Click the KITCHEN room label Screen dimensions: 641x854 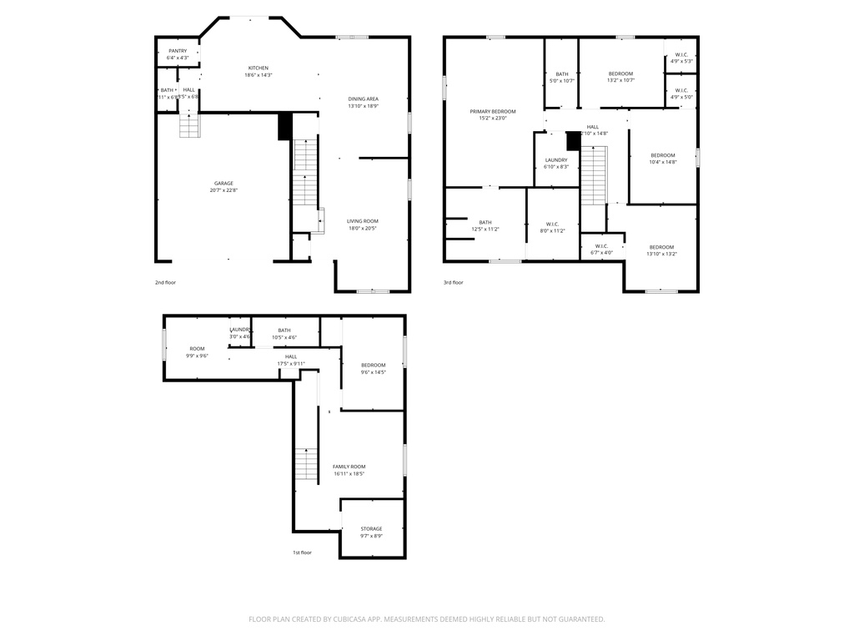coord(258,68)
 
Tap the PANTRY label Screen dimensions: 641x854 coord(178,51)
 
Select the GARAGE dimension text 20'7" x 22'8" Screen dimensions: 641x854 coord(224,190)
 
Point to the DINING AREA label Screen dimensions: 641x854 coord(363,98)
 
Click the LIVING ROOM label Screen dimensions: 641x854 coord(363,221)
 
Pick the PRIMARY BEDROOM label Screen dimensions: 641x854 coord(492,111)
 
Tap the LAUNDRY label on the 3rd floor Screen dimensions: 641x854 coord(556,159)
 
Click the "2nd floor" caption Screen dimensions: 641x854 coord(165,282)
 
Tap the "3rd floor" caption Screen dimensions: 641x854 coord(453,282)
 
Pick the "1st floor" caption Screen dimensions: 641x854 coord(302,553)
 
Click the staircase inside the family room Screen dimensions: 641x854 coord(306,463)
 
